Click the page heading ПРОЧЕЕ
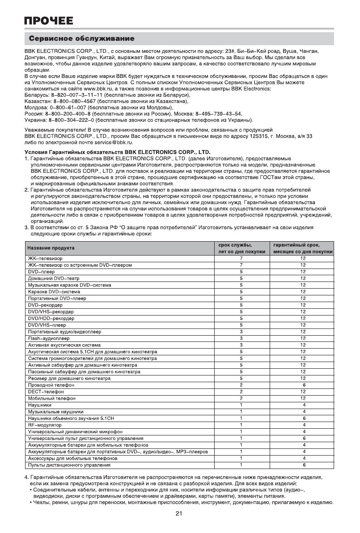[49, 21]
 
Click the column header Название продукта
[51, 248]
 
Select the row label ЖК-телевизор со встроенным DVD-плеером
[80, 265]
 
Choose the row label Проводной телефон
[51, 385]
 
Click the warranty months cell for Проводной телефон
[304, 385]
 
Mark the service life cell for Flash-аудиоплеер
[241, 338]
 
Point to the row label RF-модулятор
[45, 425]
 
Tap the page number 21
[178, 513]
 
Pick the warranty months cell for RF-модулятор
[304, 425]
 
